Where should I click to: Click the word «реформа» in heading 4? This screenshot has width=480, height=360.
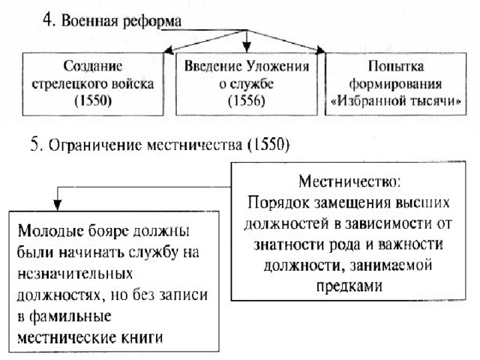[151, 22]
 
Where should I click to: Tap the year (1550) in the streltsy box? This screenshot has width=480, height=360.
[93, 100]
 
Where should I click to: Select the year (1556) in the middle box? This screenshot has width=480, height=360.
[247, 100]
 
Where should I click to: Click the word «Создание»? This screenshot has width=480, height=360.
[93, 67]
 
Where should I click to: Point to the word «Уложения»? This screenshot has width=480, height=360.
[278, 67]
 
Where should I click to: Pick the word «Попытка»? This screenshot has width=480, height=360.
[396, 67]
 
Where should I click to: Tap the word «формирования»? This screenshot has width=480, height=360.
[395, 84]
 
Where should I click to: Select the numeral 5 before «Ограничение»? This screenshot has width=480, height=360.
[35, 145]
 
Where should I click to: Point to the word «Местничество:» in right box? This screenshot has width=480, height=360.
[349, 181]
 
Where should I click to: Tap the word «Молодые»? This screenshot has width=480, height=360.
[51, 231]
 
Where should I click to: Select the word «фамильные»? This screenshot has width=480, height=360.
[70, 316]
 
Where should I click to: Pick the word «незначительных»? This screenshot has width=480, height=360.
[75, 273]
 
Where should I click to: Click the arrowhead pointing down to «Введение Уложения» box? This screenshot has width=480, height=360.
[247, 47]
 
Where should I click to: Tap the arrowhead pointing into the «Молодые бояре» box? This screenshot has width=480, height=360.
[58, 205]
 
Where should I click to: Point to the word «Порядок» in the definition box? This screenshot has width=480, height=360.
[278, 202]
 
